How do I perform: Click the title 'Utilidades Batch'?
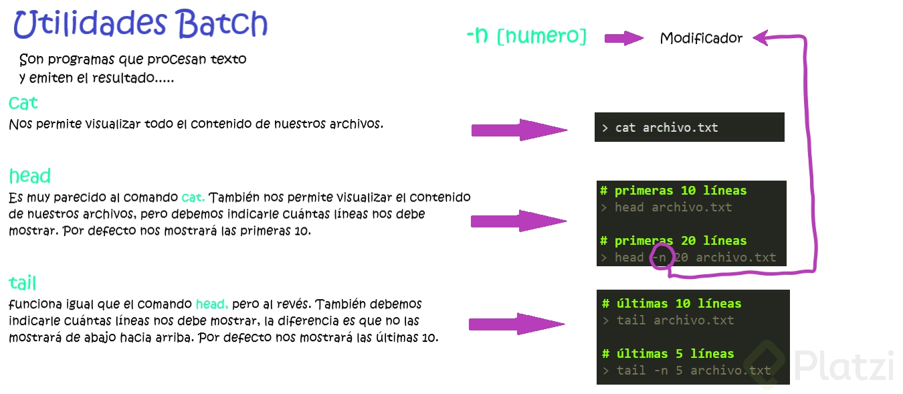[x=140, y=25]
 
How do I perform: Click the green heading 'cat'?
[x=23, y=103]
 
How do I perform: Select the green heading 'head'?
[x=30, y=176]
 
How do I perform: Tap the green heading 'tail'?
[x=23, y=282]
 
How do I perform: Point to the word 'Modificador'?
[x=701, y=38]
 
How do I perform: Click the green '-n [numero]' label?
[x=526, y=36]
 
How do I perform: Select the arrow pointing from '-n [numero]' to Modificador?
[x=623, y=38]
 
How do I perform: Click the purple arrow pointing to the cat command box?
[x=518, y=130]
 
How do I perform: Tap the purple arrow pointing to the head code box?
[x=518, y=221]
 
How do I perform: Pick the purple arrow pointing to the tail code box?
[x=516, y=325]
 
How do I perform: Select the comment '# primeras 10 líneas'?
[x=673, y=191]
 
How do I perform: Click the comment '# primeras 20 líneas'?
[x=673, y=241]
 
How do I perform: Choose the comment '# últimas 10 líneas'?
[x=672, y=304]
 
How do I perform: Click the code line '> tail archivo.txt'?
[x=668, y=320]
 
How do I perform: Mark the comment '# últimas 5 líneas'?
[x=668, y=354]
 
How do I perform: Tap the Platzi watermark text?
[x=844, y=367]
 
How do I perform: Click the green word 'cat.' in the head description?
[x=193, y=197]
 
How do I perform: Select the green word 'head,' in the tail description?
[x=212, y=304]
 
